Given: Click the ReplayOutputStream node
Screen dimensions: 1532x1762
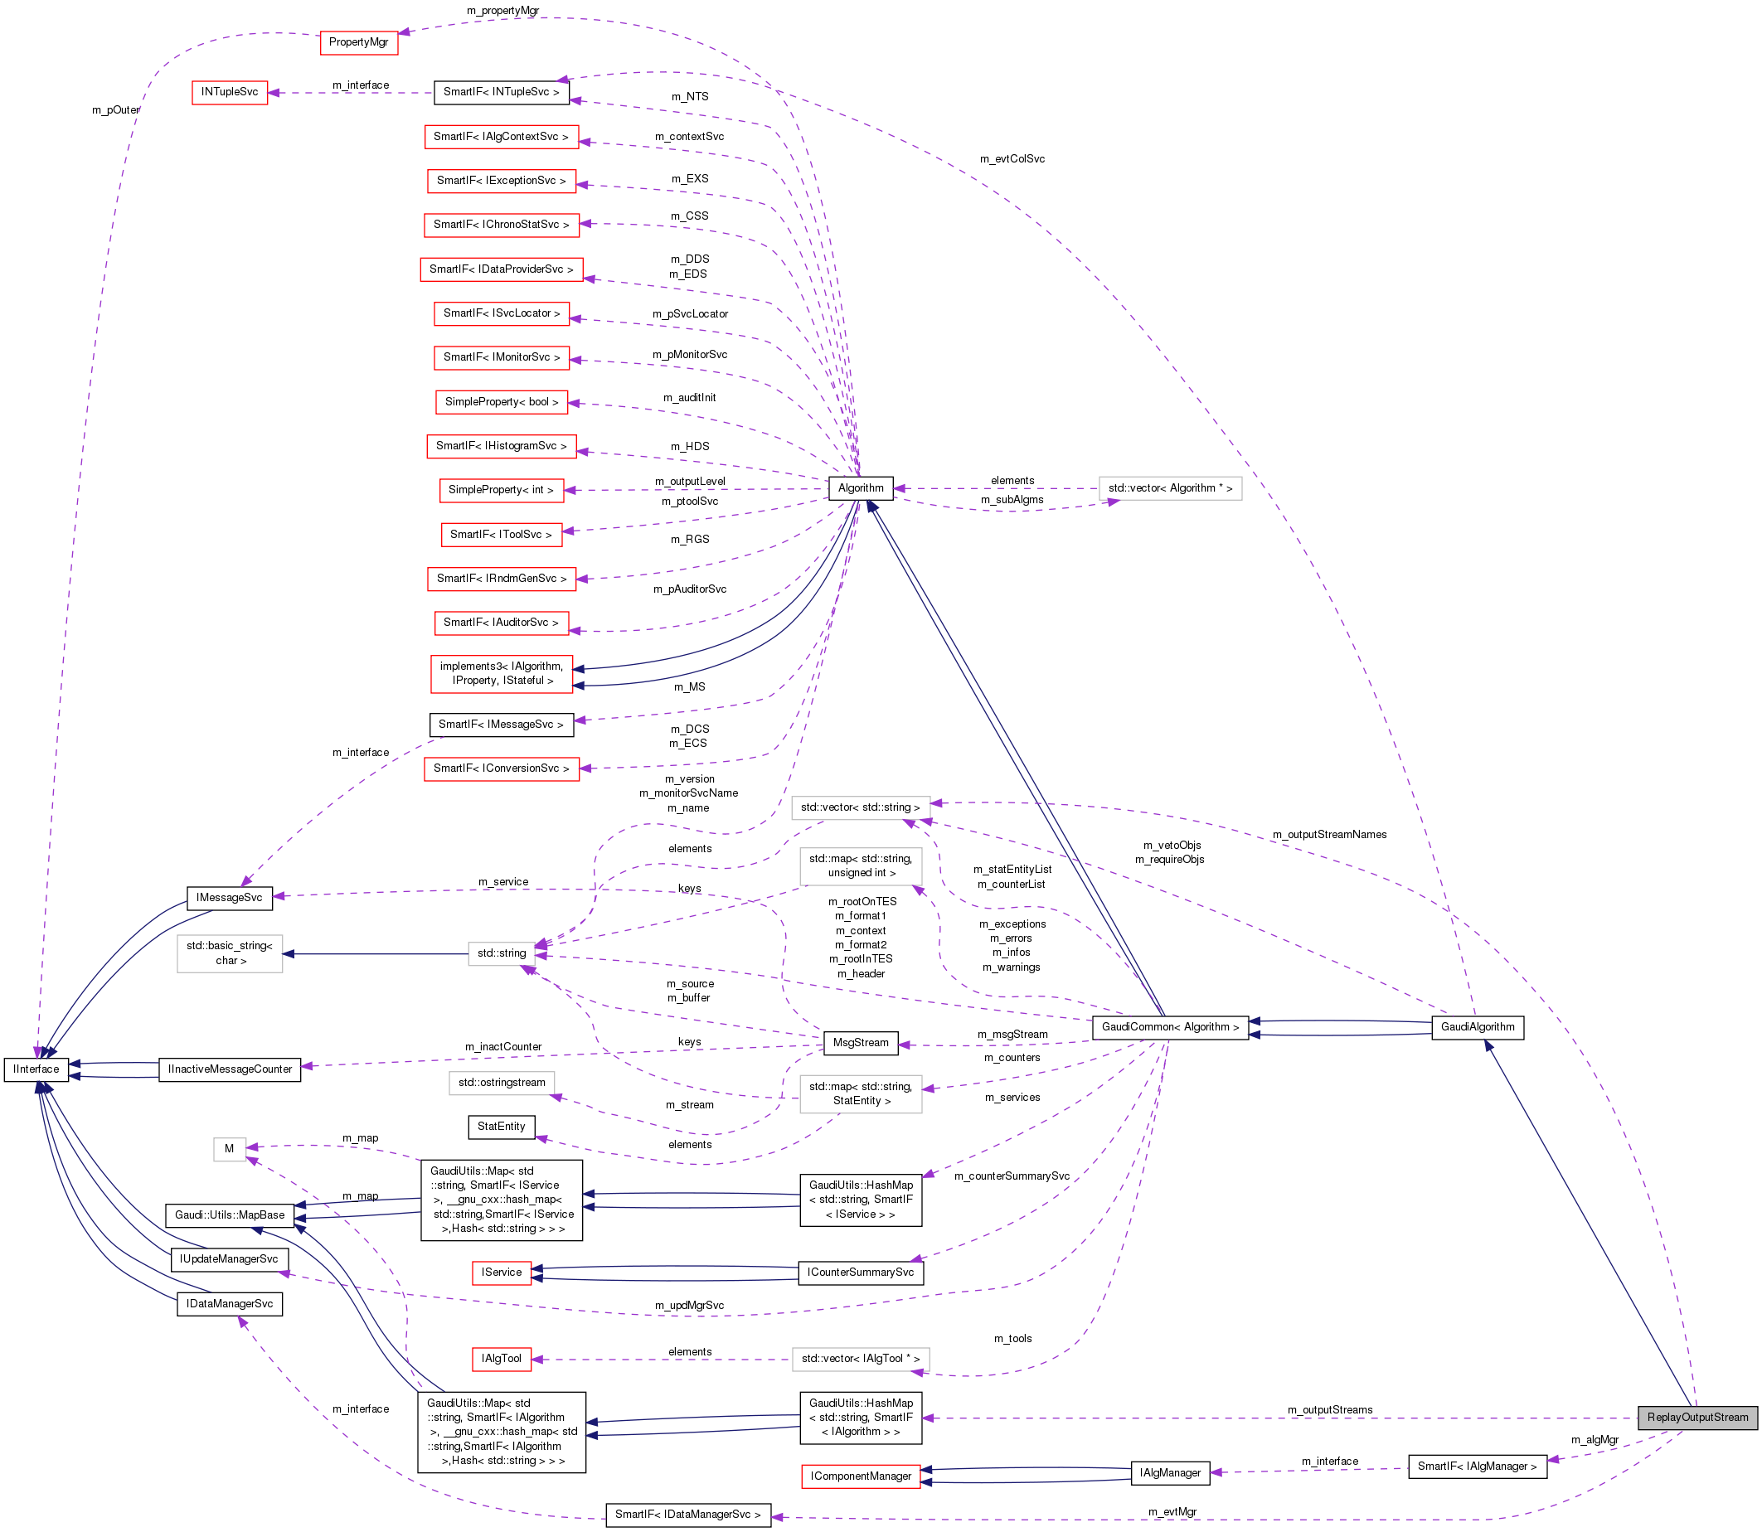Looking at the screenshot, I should [1697, 1417].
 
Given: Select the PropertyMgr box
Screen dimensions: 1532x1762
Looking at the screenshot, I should [358, 42].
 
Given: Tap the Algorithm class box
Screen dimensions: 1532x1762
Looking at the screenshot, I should [860, 488].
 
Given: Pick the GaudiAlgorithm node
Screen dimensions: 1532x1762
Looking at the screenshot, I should [1478, 1027].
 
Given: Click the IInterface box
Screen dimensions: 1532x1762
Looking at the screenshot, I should [36, 1069].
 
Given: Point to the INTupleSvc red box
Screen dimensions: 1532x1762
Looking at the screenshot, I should [229, 92].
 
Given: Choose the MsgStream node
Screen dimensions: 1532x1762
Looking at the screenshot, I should [860, 1042].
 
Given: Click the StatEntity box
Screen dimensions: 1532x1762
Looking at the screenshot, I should [501, 1126].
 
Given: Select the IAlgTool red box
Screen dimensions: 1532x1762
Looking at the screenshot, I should [501, 1359].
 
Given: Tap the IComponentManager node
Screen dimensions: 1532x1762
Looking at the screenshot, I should [860, 1476].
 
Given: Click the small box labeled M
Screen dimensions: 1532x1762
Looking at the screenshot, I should [229, 1148].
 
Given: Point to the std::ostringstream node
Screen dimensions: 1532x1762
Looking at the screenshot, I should [501, 1083].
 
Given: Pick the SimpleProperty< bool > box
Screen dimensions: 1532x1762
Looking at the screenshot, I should [501, 402].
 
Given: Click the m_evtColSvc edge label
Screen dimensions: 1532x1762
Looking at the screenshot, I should [1012, 159].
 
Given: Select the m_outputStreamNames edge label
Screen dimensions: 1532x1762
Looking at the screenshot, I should [1329, 834].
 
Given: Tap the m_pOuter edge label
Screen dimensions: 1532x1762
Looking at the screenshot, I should [115, 110].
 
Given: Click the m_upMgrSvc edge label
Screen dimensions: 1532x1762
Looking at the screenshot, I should [689, 1306].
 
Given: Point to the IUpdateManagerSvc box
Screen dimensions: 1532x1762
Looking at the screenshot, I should [229, 1259].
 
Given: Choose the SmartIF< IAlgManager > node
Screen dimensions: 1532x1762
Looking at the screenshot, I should [1477, 1467].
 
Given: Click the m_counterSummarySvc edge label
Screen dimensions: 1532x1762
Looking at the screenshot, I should [1012, 1176].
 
